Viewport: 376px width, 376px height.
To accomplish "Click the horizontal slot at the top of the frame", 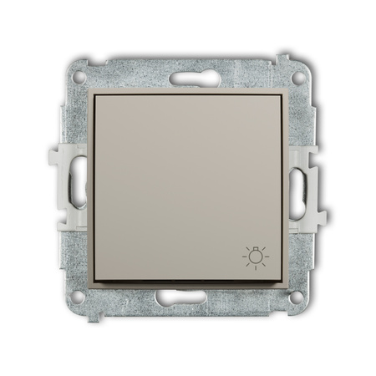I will point(187,79).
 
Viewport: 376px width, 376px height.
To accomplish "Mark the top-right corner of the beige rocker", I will point(285,94).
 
